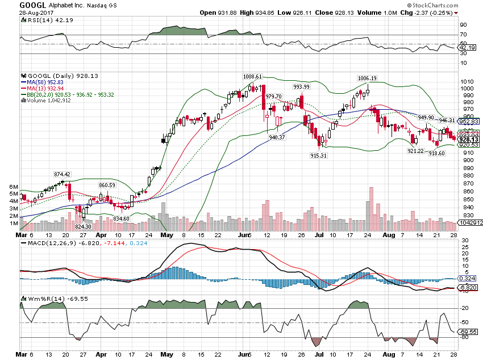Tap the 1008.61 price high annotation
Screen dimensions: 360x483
(x=252, y=76)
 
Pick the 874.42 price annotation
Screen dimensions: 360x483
(x=63, y=174)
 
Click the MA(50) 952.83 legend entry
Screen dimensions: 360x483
(x=47, y=82)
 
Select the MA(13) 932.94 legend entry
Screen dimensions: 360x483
(x=47, y=88)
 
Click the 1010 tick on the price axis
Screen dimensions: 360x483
(x=467, y=81)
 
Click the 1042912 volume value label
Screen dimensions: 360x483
(x=469, y=224)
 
